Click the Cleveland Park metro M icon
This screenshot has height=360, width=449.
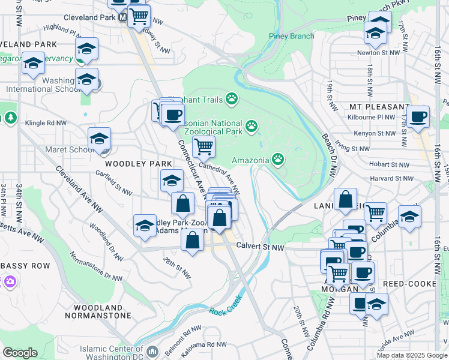(x=122, y=18)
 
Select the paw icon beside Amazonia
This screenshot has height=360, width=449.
(x=278, y=159)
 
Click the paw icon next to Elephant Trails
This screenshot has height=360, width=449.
(x=232, y=98)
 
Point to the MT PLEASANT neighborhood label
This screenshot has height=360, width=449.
(x=374, y=106)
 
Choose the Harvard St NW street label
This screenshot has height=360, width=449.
(x=391, y=178)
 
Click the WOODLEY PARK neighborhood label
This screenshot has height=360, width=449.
(x=130, y=163)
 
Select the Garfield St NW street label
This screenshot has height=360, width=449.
(x=113, y=183)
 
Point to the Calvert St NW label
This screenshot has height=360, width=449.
(x=259, y=245)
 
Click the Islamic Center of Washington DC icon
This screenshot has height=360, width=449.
(x=152, y=351)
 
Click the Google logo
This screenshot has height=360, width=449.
(x=20, y=353)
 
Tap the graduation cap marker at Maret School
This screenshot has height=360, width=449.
(x=99, y=139)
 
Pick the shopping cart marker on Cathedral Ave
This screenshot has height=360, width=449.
(x=203, y=146)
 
